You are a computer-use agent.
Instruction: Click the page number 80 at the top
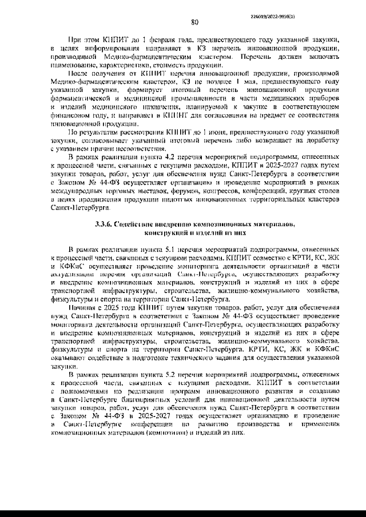pos(194,23)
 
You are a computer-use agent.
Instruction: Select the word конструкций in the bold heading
pos(169,233)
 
